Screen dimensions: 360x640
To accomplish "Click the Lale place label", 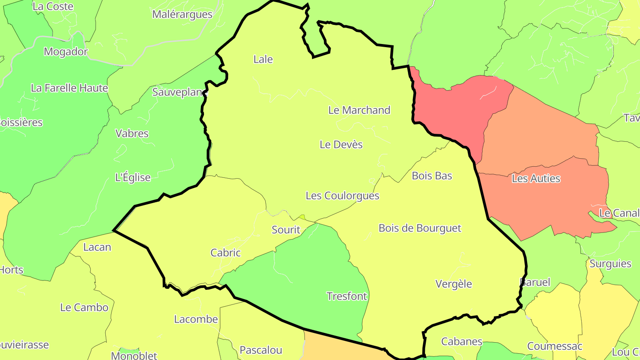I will [x=263, y=59].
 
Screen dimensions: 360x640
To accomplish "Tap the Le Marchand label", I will [x=359, y=110].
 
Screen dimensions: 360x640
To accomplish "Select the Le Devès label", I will [x=341, y=144].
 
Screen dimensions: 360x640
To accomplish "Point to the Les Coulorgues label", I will [x=342, y=196].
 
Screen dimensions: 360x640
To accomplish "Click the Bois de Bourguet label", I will [x=420, y=228].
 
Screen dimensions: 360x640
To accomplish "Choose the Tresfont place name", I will [x=347, y=296].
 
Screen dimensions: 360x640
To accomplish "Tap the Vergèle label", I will [x=453, y=284].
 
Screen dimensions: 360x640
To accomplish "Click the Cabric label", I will [x=225, y=253].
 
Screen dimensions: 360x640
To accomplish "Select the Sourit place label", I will [x=286, y=230].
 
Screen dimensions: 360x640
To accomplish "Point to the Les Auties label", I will [x=536, y=179].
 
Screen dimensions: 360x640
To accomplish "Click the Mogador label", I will [x=66, y=52].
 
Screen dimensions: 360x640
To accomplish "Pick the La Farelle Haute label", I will [x=69, y=88].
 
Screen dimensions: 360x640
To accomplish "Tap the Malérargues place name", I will [x=182, y=14].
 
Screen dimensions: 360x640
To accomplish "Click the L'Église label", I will [x=133, y=178].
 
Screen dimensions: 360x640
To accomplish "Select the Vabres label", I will [x=132, y=133].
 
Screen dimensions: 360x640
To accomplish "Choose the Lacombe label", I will [x=196, y=319].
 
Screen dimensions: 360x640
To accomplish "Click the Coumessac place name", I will [x=554, y=346].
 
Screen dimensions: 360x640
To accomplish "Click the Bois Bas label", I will [x=432, y=176].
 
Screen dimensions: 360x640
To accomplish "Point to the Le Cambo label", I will [x=84, y=308].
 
